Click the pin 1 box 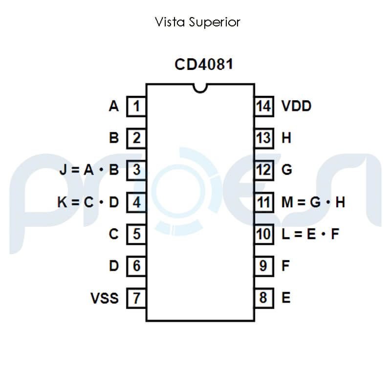pyautogui.click(x=136, y=106)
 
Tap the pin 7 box pyautogui.click(x=136, y=298)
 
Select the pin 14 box pyautogui.click(x=263, y=106)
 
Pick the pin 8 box pyautogui.click(x=263, y=298)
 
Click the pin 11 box pyautogui.click(x=263, y=202)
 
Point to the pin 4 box pyautogui.click(x=136, y=202)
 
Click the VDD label pyautogui.click(x=296, y=106)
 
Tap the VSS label pyautogui.click(x=105, y=298)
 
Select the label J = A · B pyautogui.click(x=89, y=170)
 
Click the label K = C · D pyautogui.click(x=88, y=202)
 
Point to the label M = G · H pyautogui.click(x=313, y=202)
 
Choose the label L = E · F pyautogui.click(x=310, y=234)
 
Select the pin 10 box pyautogui.click(x=263, y=234)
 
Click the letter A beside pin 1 pyautogui.click(x=114, y=106)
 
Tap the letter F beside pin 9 pyautogui.click(x=286, y=266)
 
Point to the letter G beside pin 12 pyautogui.click(x=287, y=170)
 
